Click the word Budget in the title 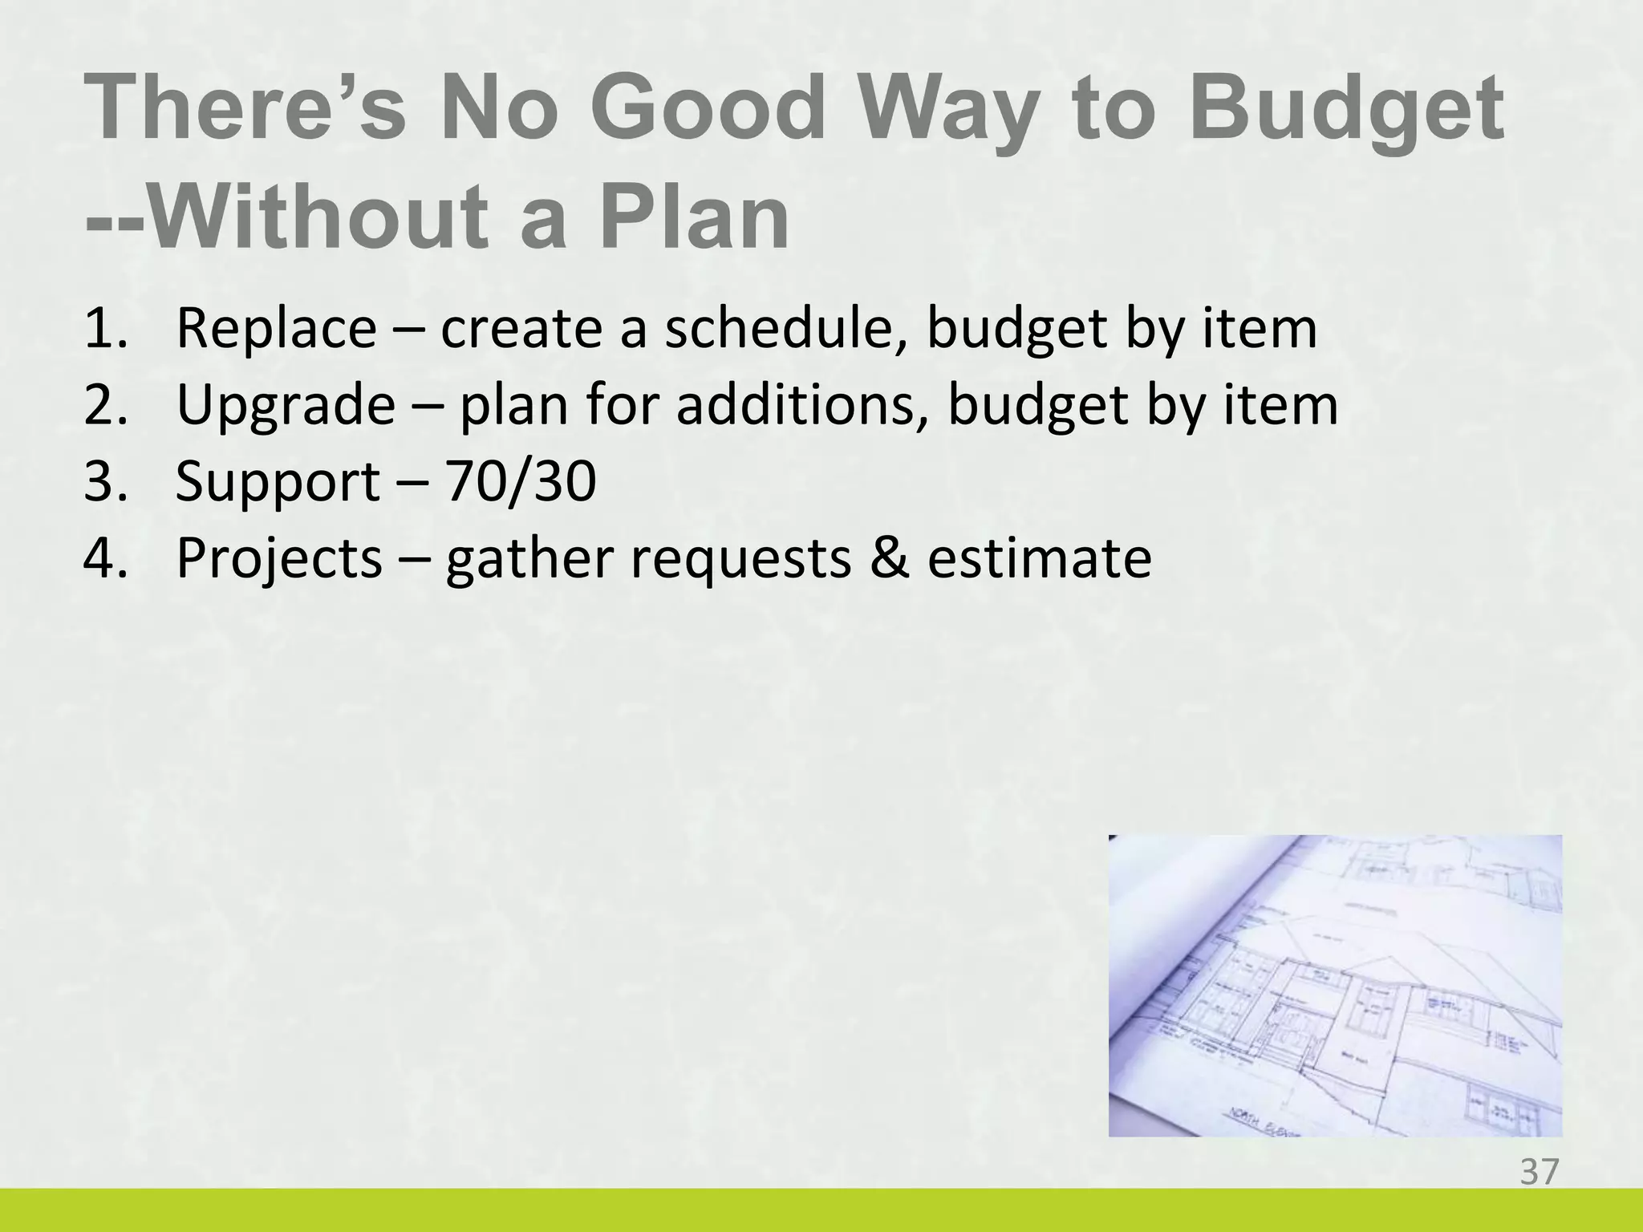click(1345, 114)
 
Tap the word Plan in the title click(695, 218)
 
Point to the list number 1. click(104, 329)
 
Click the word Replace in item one click(275, 329)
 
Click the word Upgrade click(285, 406)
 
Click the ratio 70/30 click(521, 481)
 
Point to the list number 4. click(104, 558)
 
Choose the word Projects click(278, 558)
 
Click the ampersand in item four click(889, 558)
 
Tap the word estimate click(1039, 558)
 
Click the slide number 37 click(1539, 1172)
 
